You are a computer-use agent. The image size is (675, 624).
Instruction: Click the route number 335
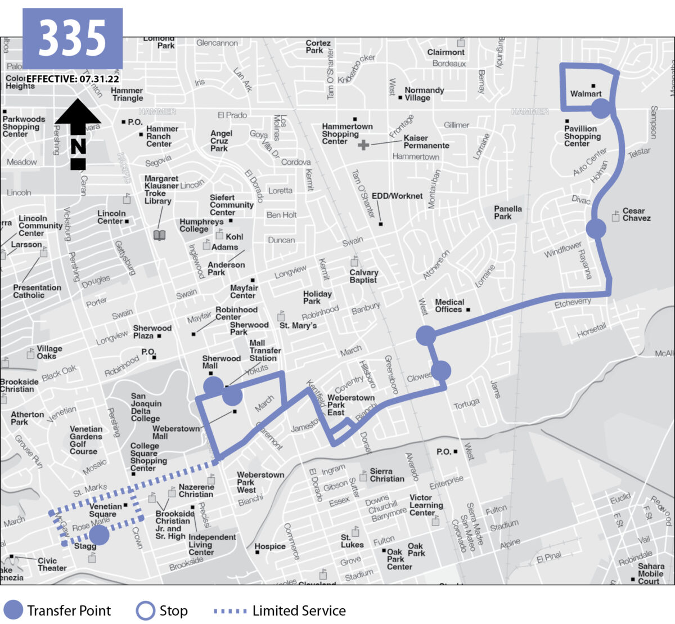(x=72, y=38)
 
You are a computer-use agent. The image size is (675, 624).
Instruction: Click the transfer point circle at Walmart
(x=601, y=109)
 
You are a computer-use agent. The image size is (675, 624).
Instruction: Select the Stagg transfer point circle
(x=99, y=535)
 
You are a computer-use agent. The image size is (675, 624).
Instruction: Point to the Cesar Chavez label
(x=636, y=214)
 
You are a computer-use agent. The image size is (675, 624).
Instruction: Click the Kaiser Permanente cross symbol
(x=363, y=145)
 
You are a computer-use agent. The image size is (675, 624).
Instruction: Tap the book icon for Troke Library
(x=160, y=235)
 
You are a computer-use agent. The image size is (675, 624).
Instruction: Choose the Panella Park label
(x=507, y=212)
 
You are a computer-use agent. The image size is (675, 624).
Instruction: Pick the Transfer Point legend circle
(x=13, y=610)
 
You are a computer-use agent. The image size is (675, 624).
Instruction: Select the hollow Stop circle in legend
(x=145, y=610)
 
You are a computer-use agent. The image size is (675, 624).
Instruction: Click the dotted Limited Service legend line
(x=229, y=610)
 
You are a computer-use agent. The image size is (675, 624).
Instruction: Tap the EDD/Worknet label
(x=397, y=196)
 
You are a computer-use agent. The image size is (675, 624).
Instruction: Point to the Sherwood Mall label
(x=221, y=362)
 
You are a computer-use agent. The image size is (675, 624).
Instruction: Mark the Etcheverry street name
(x=573, y=303)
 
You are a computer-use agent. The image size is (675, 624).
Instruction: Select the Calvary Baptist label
(x=363, y=276)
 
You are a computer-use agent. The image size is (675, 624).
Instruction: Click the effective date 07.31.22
(x=99, y=79)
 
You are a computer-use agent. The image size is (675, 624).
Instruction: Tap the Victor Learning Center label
(x=421, y=505)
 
